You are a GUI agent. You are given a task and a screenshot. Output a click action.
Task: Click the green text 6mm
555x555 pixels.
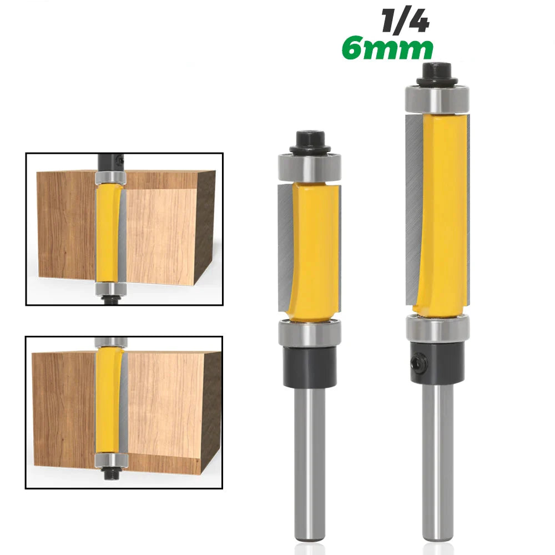[x=387, y=49]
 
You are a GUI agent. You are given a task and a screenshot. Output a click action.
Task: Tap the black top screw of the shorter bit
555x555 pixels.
[x=309, y=141]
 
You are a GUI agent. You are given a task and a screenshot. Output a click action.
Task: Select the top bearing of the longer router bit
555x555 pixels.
[x=437, y=99]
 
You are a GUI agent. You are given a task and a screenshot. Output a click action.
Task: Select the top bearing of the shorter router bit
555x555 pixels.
[x=309, y=167]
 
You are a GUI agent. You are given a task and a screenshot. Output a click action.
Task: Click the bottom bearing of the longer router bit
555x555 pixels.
[x=437, y=327]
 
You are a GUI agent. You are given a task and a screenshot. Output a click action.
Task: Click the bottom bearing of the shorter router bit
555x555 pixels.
[x=309, y=334]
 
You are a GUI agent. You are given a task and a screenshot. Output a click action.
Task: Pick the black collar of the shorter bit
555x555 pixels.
[x=309, y=366]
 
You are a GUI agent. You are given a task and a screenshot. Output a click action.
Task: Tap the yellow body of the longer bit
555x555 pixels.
[x=441, y=211]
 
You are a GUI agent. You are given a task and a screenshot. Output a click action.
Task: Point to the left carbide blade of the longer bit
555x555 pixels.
[x=414, y=205]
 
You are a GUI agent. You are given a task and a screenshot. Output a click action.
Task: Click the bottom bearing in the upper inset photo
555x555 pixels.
[x=111, y=289]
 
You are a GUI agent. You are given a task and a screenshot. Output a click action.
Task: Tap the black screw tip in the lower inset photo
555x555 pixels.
[x=112, y=475]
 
